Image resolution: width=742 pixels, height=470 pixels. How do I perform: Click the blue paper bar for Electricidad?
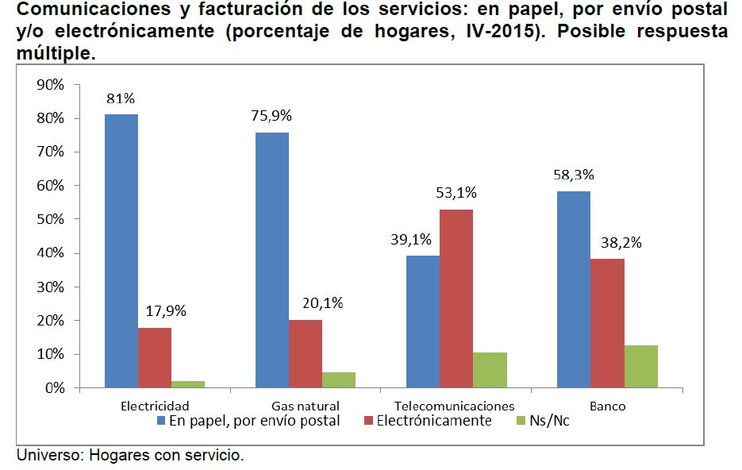coord(121,251)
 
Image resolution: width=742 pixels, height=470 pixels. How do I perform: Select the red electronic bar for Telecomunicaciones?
coord(457,299)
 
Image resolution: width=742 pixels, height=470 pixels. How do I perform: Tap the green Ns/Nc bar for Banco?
coord(640,367)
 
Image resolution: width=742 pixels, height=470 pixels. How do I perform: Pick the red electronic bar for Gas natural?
coord(306,354)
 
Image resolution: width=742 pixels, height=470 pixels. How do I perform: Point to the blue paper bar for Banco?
coord(574,290)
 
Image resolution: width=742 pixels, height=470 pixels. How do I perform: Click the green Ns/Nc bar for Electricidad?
coord(187,384)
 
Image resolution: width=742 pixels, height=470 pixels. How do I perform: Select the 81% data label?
coord(121,99)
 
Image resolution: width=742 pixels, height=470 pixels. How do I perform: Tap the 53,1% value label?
coord(457,193)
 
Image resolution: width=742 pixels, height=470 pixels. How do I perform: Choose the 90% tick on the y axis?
coord(49,84)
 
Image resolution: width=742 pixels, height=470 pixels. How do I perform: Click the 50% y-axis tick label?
coord(49,219)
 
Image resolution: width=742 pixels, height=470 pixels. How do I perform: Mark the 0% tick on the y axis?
coord(53,388)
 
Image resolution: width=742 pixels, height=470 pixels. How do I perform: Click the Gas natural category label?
coord(305,406)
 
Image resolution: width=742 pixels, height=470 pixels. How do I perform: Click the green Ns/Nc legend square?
coord(521,421)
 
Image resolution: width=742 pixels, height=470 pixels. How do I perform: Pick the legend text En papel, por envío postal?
coord(254,421)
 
